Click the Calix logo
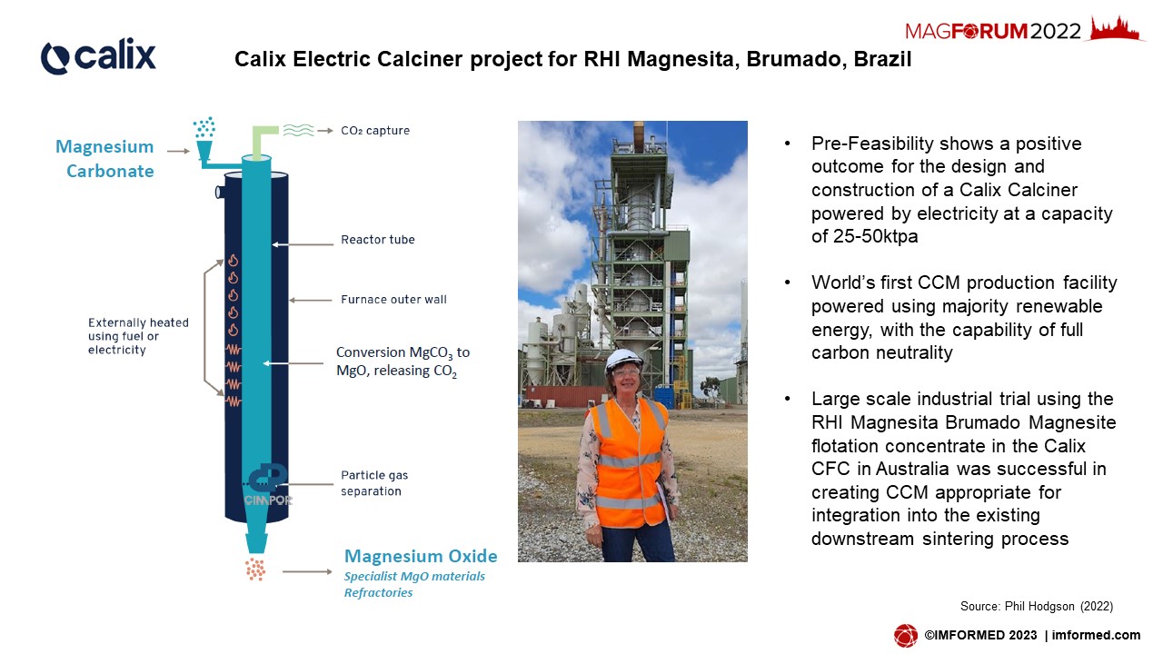[x=98, y=55]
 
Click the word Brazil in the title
[x=882, y=59]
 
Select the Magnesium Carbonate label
[x=105, y=159]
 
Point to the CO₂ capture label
[x=375, y=131]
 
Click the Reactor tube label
[x=377, y=240]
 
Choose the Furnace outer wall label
[x=393, y=300]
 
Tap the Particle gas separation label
[x=374, y=483]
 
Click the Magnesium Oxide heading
[x=421, y=557]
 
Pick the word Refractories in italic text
[x=378, y=593]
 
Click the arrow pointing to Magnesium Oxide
[x=307, y=571]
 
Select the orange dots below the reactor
[x=255, y=569]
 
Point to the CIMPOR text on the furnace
[x=268, y=500]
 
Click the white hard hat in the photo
[x=623, y=360]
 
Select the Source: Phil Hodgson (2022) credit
[x=1037, y=606]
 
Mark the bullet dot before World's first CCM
[x=788, y=282]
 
